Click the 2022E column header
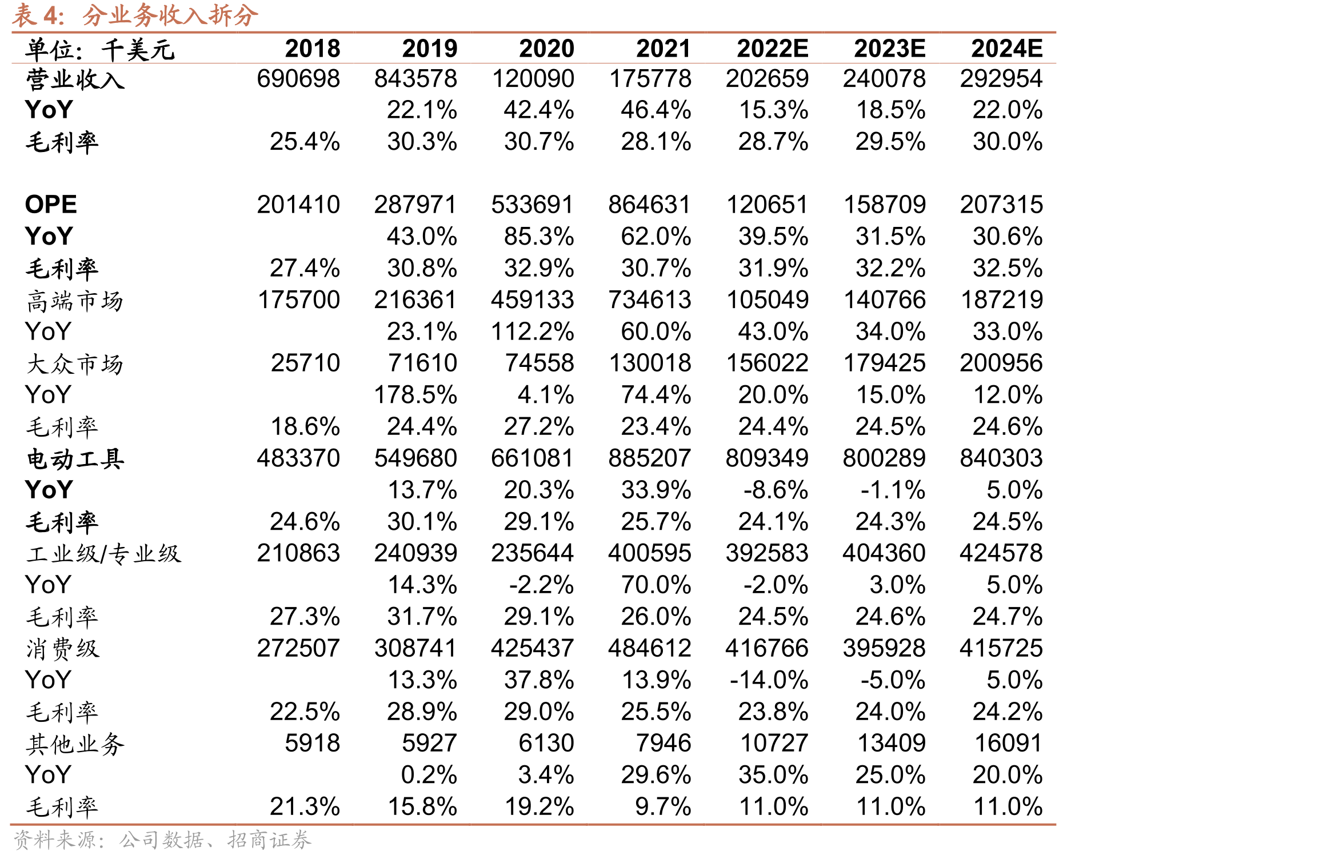[773, 49]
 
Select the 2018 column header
[313, 49]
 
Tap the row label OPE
[51, 205]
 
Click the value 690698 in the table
[298, 79]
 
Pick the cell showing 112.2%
[533, 331]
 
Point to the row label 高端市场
[75, 301]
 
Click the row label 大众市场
[75, 363]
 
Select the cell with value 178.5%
[415, 395]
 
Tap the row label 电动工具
[75, 459]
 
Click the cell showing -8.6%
[776, 490]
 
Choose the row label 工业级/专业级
[103, 554]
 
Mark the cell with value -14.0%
[769, 680]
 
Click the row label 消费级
[63, 649]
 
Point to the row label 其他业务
[75, 744]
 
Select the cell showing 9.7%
[663, 807]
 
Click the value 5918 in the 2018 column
[313, 744]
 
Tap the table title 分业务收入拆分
[170, 15]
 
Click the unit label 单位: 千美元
[100, 50]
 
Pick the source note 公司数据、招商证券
[215, 840]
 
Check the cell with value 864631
[650, 205]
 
